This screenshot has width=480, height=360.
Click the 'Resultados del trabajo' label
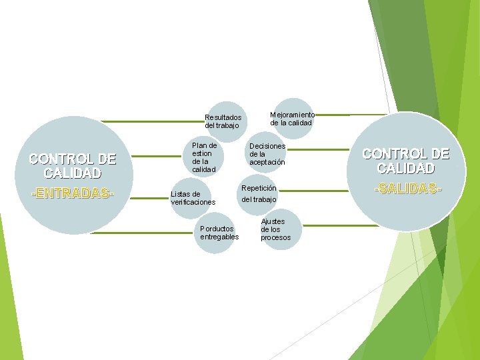point(223,121)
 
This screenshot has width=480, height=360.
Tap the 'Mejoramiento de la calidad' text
point(292,119)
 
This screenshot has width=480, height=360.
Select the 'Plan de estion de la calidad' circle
point(204,157)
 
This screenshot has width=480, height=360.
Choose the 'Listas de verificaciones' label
point(193,198)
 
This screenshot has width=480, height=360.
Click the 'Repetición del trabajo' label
point(259,194)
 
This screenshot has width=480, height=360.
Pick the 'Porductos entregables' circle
point(219,233)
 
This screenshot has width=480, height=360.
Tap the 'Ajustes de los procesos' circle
point(275,229)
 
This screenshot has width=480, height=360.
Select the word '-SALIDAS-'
point(408,189)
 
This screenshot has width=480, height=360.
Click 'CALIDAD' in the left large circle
point(72,173)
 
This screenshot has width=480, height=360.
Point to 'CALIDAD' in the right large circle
point(405,169)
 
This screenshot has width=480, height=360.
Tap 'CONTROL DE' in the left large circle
point(72,159)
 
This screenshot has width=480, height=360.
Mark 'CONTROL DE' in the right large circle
point(405,153)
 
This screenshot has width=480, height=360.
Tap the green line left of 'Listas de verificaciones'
point(150,196)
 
